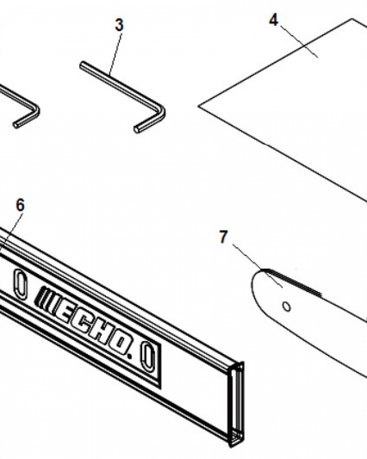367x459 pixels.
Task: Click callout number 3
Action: pyautogui.click(x=119, y=25)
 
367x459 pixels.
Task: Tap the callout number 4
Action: pyautogui.click(x=273, y=20)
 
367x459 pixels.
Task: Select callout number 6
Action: pyautogui.click(x=20, y=205)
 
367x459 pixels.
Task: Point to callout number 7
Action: pyautogui.click(x=223, y=237)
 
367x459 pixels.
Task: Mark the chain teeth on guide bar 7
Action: pyautogui.click(x=293, y=282)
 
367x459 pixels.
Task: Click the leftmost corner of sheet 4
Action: pyautogui.click(x=199, y=106)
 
